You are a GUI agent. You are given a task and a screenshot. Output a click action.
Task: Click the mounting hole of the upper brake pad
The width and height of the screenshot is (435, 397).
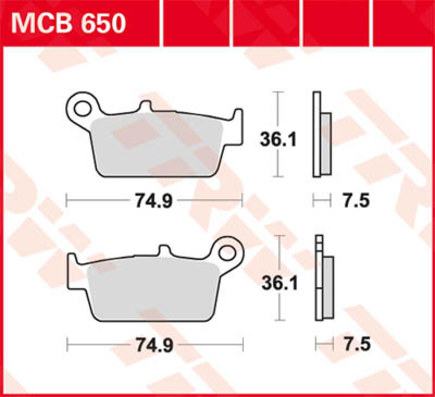pos(83,107)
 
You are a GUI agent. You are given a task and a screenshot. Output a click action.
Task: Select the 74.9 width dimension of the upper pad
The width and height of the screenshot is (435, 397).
pos(153,201)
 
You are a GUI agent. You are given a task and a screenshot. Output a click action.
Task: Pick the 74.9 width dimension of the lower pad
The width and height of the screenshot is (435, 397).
pos(153,344)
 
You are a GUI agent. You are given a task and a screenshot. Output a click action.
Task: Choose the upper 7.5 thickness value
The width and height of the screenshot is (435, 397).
pos(356,201)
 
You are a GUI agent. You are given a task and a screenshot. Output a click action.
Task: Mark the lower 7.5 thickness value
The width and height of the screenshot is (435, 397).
pos(357,344)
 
